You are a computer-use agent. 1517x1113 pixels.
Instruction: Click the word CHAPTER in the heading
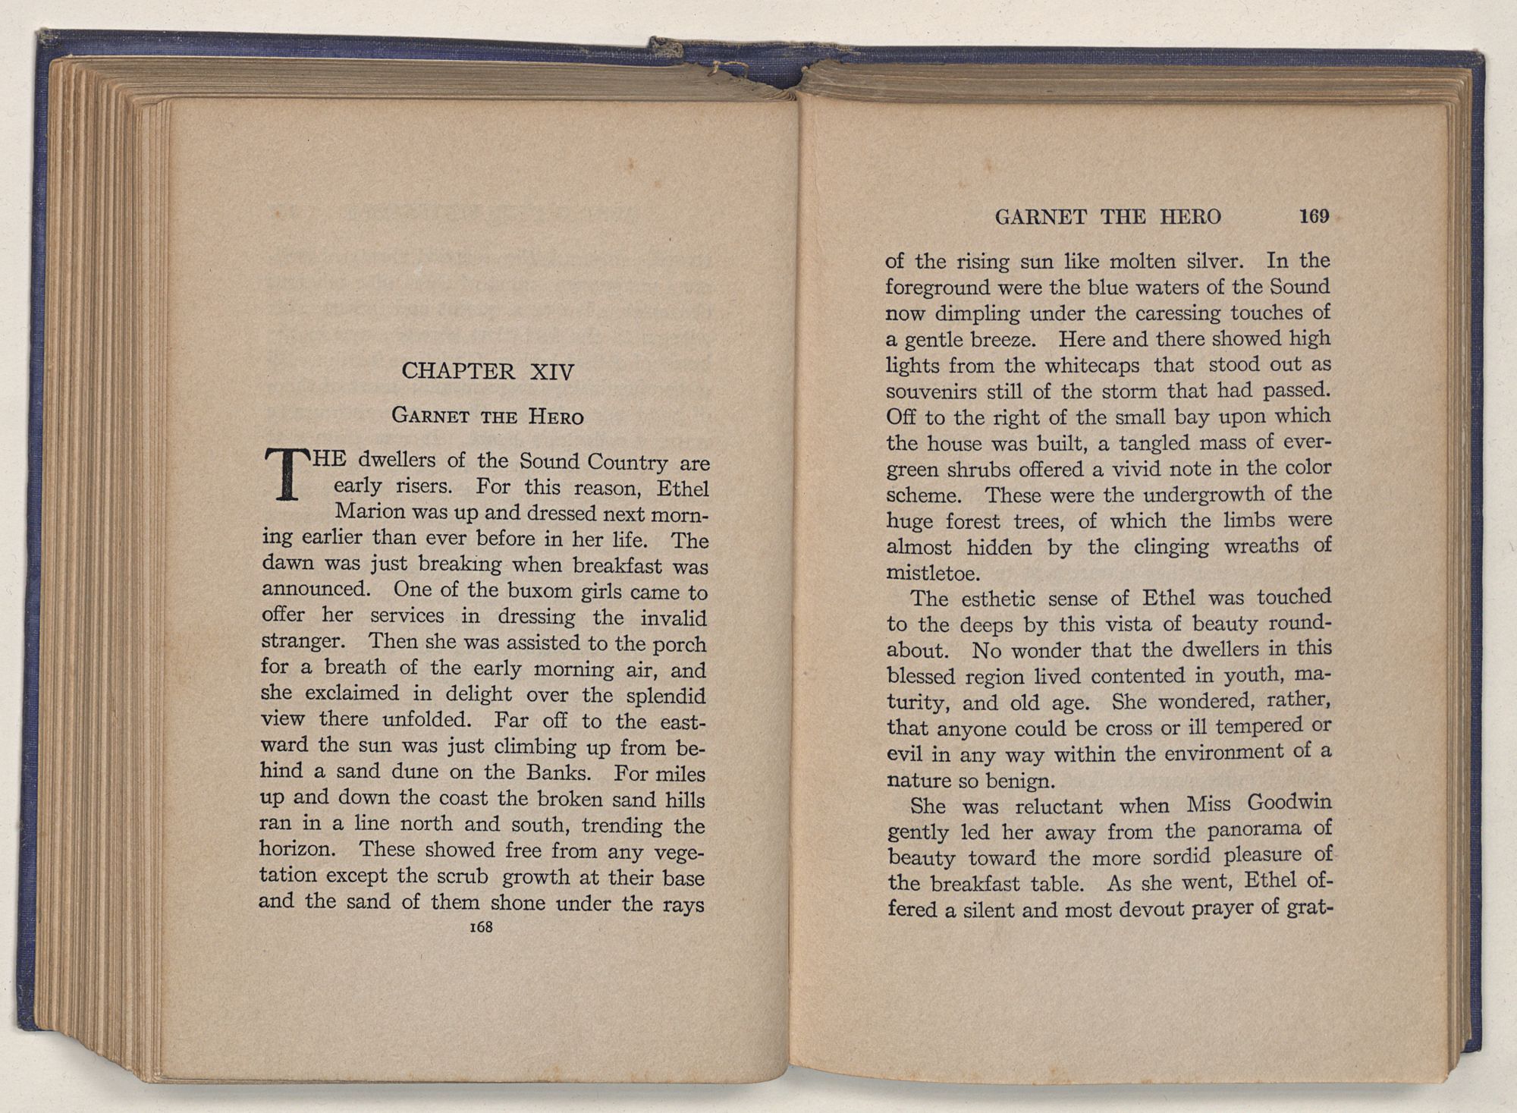[457, 371]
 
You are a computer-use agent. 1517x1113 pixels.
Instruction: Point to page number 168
[482, 927]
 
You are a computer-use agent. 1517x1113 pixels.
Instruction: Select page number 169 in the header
[1314, 216]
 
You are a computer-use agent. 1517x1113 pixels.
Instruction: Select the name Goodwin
[1289, 802]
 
